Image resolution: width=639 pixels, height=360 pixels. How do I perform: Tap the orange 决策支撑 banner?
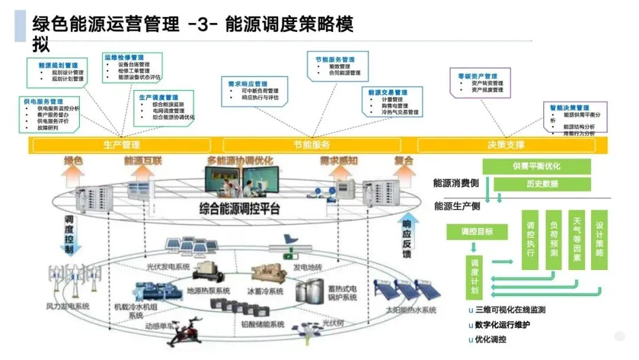coord(506,145)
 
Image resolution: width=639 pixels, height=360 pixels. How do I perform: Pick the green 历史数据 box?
coord(542,184)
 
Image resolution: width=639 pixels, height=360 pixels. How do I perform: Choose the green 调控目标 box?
coord(477,232)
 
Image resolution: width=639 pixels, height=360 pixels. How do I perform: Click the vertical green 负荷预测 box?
coord(554,240)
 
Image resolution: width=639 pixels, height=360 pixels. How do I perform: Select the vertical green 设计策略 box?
coord(599,240)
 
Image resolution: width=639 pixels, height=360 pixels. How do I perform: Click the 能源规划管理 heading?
coord(58,65)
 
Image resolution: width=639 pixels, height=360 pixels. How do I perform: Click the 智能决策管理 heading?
coord(569,108)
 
